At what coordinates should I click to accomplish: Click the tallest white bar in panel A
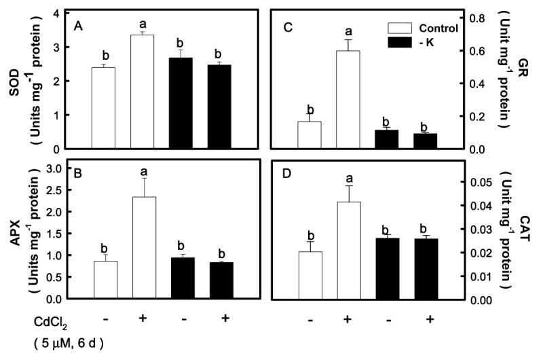(x=143, y=92)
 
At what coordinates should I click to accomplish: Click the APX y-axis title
(x=15, y=233)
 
